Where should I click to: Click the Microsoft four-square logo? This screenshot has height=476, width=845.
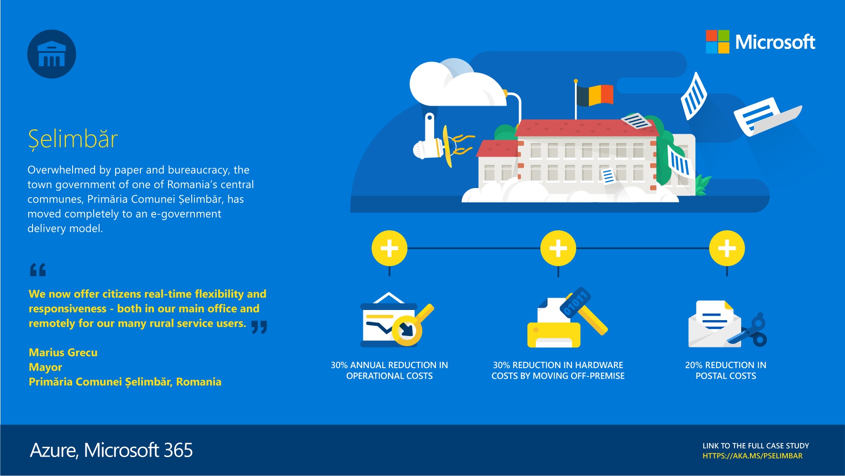[x=717, y=42]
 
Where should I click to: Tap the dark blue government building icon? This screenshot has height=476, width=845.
[x=51, y=54]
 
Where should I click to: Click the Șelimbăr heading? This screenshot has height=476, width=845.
[x=73, y=139]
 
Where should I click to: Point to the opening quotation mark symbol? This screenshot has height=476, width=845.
[x=38, y=269]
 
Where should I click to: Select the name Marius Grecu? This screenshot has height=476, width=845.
[x=63, y=352]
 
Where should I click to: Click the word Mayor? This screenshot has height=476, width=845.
[x=45, y=367]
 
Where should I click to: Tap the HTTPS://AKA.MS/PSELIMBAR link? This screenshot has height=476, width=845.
[x=752, y=456]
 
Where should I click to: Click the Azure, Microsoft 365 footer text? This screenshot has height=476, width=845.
[x=111, y=450]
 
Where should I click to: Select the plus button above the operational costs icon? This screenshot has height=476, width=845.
[x=389, y=248]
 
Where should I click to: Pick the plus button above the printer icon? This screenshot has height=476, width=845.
[x=558, y=248]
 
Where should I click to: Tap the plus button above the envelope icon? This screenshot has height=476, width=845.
[x=727, y=248]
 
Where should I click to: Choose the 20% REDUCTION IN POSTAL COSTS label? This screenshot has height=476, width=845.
[x=726, y=370]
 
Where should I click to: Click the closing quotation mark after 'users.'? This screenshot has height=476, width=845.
[x=259, y=327]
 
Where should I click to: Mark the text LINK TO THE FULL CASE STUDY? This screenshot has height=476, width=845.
[x=756, y=446]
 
